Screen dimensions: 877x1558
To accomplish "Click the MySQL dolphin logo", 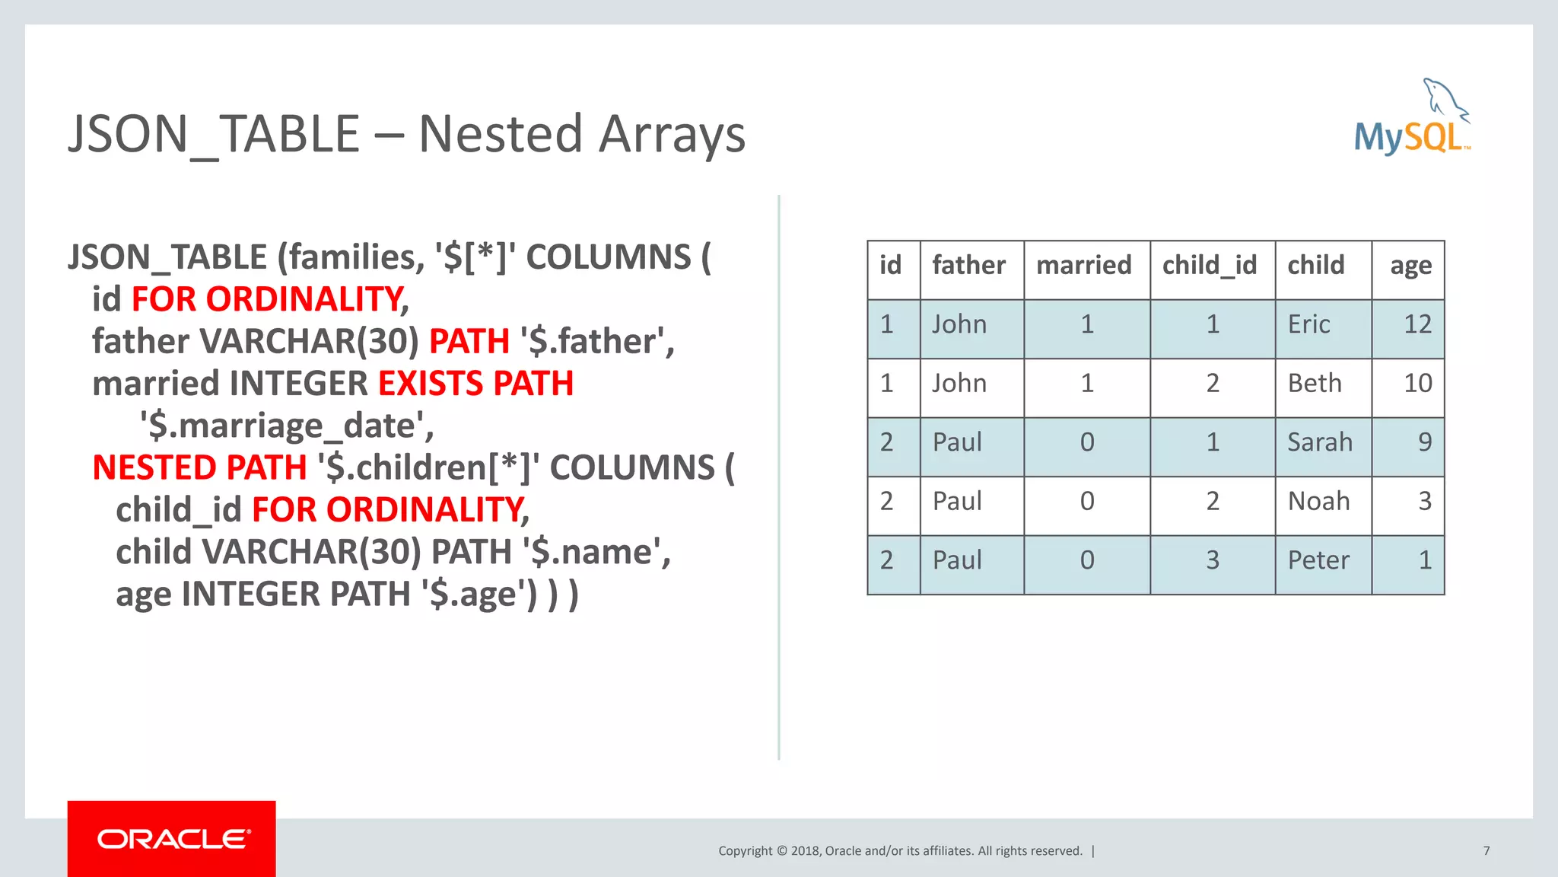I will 1412,118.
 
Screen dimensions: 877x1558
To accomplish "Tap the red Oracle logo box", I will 171,838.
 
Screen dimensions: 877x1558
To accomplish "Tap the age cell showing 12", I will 1417,325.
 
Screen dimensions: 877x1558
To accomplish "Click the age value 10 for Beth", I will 1417,384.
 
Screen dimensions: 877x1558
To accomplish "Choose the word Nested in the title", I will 501,135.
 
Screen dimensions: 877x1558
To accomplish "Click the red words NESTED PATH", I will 199,468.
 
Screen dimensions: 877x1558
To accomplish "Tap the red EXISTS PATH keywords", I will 475,384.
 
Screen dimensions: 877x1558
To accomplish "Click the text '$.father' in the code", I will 596,342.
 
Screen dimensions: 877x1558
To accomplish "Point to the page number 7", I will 1486,851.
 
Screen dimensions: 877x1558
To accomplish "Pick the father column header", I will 968,266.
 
